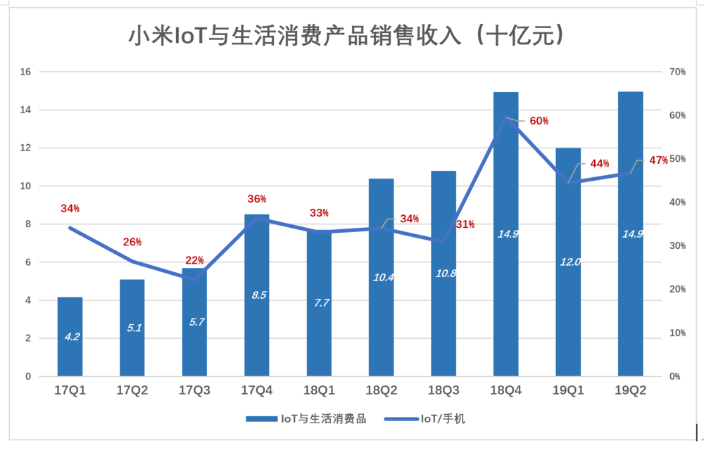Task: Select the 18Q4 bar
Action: click(x=505, y=295)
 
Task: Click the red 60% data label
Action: click(x=539, y=121)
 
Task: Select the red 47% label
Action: click(x=658, y=160)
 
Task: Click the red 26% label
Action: click(x=132, y=242)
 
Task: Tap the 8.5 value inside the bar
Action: click(x=258, y=295)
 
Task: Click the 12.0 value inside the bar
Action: click(x=570, y=262)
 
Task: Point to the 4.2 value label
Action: click(x=72, y=337)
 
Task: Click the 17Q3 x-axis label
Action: click(x=194, y=390)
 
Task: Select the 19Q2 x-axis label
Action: click(x=631, y=390)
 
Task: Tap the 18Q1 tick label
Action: click(x=319, y=390)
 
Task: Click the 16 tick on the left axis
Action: click(x=26, y=72)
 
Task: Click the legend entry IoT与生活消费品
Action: click(x=306, y=419)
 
